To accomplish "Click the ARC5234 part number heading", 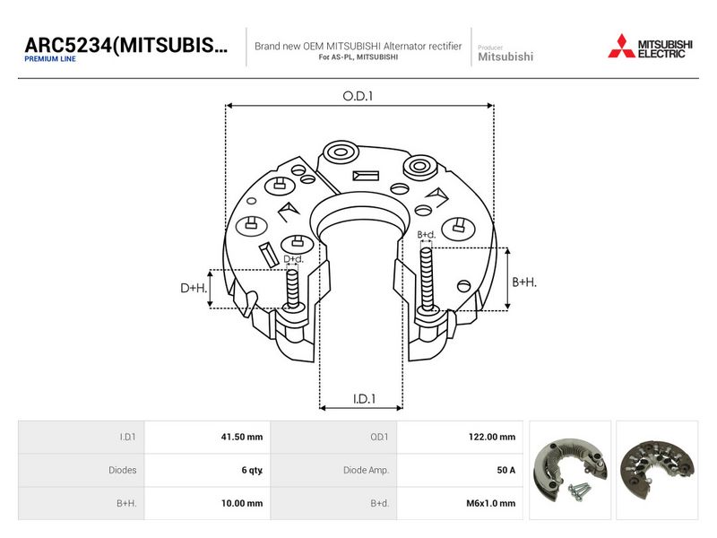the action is (x=125, y=46).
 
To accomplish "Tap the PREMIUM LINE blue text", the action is (x=50, y=59).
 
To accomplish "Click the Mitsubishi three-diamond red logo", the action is (x=621, y=47).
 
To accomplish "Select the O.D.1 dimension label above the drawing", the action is (x=358, y=96).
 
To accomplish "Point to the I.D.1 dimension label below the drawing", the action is (x=364, y=399).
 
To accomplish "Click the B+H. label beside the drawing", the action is (x=524, y=282).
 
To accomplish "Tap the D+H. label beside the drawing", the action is (x=194, y=288).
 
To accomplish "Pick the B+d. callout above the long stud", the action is (x=427, y=235).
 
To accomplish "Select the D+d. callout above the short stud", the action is (x=293, y=259).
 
